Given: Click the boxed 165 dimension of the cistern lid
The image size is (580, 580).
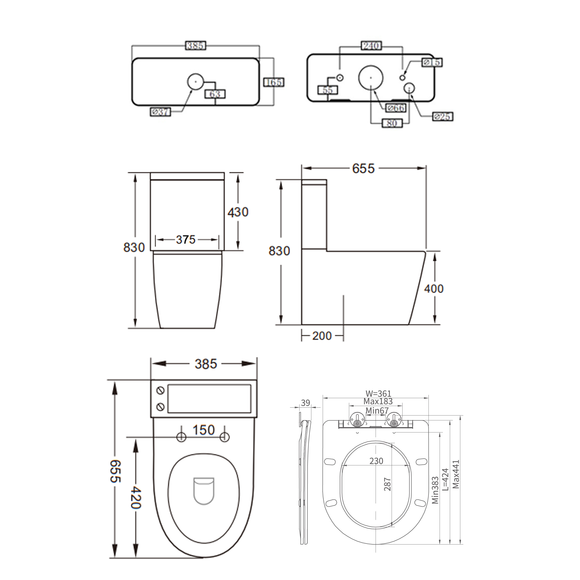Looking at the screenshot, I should (x=274, y=82).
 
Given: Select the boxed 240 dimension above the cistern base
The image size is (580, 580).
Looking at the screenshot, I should (x=371, y=46).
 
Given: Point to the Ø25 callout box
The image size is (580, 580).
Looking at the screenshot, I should (x=442, y=116).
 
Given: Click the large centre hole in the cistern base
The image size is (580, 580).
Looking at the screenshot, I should (x=371, y=77).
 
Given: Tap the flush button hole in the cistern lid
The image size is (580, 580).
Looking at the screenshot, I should (x=195, y=81).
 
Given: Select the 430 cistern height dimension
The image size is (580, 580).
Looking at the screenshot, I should (x=238, y=212).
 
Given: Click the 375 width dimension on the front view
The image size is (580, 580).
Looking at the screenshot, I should (x=186, y=240).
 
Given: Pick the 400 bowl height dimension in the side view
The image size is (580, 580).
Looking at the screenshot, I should (x=434, y=289).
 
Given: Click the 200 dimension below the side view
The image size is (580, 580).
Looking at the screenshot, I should (x=322, y=336).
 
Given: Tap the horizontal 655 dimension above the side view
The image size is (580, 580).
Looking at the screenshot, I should (x=363, y=168).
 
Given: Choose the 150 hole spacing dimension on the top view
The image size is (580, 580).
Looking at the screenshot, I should (x=203, y=430).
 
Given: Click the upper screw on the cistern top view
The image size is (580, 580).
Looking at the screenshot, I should (x=161, y=390).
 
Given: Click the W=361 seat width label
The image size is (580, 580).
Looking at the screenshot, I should (x=378, y=393).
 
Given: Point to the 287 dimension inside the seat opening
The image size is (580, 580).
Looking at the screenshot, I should (x=387, y=484).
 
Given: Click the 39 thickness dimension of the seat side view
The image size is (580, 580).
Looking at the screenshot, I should (x=305, y=403).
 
